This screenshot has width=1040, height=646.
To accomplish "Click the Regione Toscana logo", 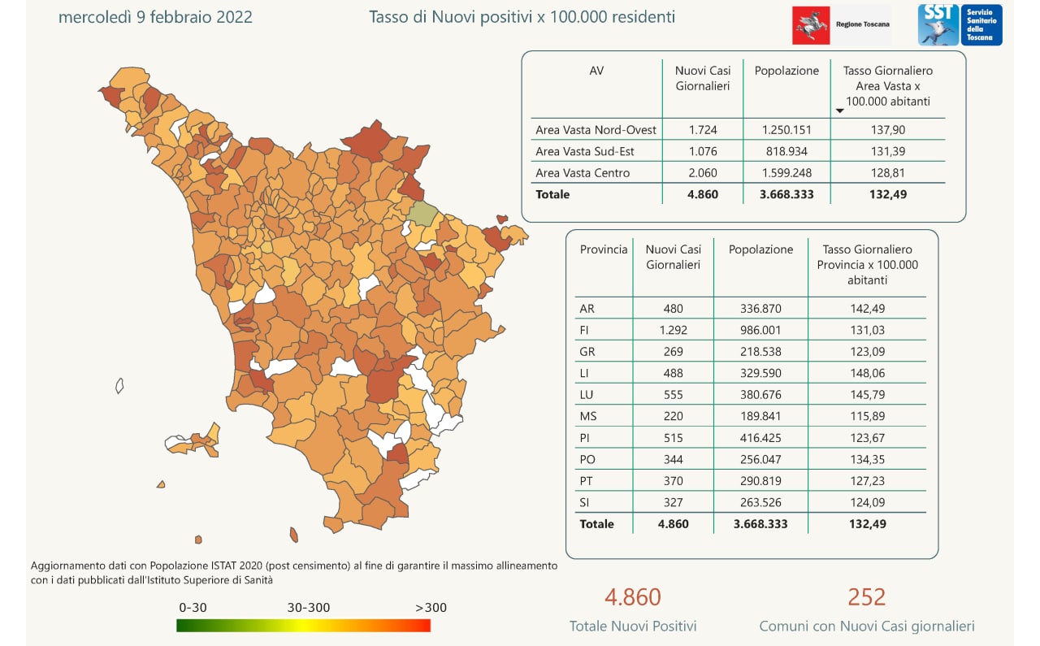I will (x=841, y=24).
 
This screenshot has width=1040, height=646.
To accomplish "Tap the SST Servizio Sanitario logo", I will (x=960, y=24).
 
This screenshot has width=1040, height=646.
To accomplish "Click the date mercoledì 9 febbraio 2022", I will (x=155, y=17).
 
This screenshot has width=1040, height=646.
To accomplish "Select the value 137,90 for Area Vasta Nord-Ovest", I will (x=888, y=130).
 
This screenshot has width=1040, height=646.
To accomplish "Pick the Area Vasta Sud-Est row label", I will (x=585, y=151).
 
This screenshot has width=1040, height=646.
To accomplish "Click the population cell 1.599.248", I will (x=786, y=173).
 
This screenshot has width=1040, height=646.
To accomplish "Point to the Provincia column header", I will (x=604, y=249).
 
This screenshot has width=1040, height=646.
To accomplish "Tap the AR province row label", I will (x=587, y=309).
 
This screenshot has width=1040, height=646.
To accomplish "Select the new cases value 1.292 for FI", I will (x=673, y=330).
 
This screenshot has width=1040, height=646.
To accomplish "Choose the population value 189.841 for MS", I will (x=760, y=416).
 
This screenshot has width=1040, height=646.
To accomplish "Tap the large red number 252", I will (x=866, y=597).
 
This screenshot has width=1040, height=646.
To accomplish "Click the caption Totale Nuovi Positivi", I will (x=633, y=626).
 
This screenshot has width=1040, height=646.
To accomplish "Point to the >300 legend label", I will (x=431, y=608).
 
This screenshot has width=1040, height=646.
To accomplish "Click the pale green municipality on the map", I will (x=422, y=213).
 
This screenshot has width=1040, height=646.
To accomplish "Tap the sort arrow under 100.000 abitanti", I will (x=840, y=111).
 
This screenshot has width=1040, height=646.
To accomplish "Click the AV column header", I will (x=596, y=71).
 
